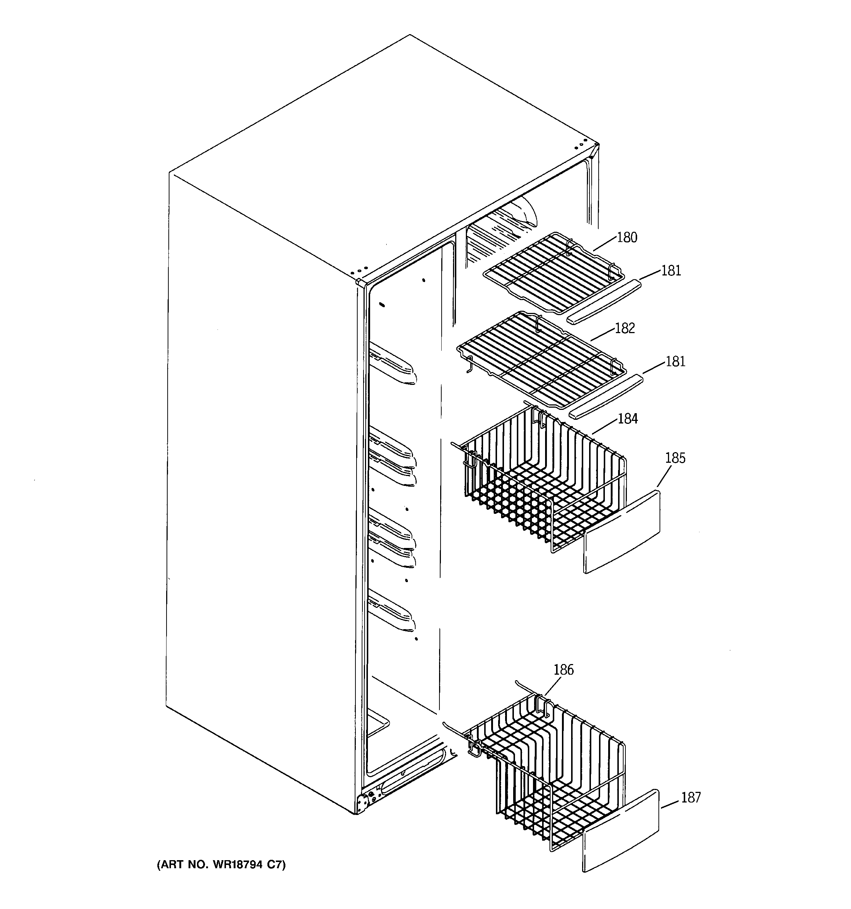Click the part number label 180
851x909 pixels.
(x=627, y=238)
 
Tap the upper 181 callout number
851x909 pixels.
(x=671, y=271)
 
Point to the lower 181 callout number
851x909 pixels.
(x=675, y=362)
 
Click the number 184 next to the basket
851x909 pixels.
(x=628, y=419)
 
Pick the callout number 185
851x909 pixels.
(x=675, y=458)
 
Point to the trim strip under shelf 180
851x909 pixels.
(x=603, y=302)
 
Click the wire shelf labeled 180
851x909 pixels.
(x=553, y=272)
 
